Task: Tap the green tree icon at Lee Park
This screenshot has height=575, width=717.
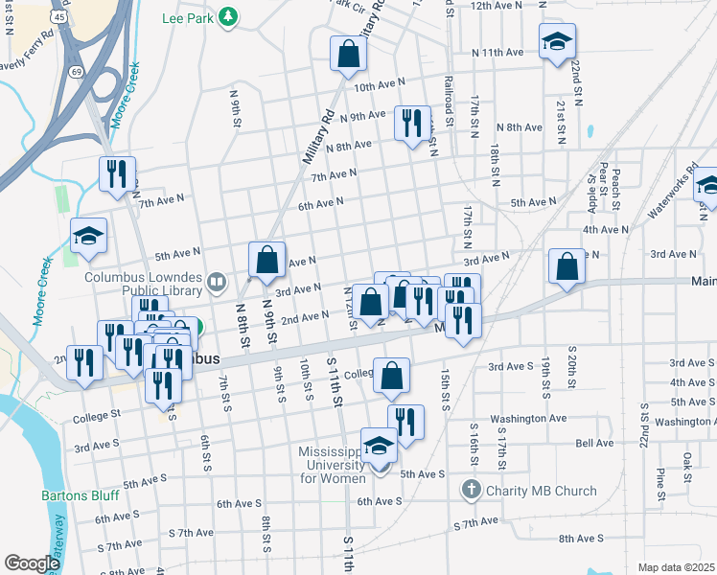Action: [228, 16]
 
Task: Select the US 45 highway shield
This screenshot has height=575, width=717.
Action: [59, 17]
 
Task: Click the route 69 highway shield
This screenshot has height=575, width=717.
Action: [76, 72]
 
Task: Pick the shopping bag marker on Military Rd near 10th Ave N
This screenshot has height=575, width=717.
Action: [348, 56]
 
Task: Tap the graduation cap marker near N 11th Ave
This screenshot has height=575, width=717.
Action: [557, 43]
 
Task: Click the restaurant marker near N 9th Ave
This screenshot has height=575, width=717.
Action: [412, 124]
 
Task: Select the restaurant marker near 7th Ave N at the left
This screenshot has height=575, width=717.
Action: [117, 174]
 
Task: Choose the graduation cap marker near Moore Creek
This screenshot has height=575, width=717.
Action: [88, 237]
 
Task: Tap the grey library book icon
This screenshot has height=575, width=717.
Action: [218, 282]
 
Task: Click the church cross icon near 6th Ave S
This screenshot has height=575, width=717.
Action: [471, 491]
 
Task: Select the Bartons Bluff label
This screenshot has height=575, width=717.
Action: [81, 496]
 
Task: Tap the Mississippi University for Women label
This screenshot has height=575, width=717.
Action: [322, 464]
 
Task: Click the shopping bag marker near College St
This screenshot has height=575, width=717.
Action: [391, 377]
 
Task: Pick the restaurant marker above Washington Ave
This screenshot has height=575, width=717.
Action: [405, 423]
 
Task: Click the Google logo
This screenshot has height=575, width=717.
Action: [32, 563]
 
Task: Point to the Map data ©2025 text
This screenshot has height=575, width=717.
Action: [675, 567]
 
